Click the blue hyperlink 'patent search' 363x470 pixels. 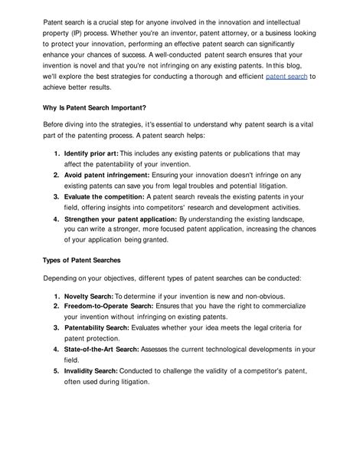coord(286,77)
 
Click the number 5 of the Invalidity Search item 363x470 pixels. coord(57,370)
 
